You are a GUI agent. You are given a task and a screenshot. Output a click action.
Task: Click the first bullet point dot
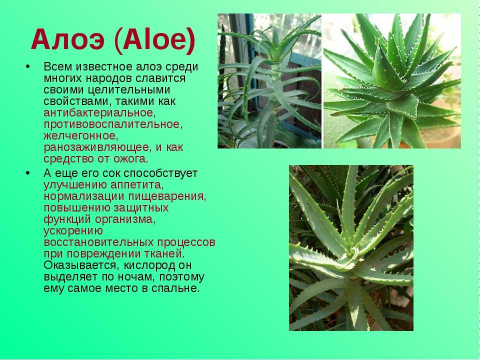[28, 66]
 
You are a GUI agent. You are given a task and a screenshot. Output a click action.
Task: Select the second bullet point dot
[28, 173]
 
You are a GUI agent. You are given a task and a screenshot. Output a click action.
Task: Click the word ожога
[130, 159]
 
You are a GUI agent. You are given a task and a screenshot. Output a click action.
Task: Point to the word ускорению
[73, 230]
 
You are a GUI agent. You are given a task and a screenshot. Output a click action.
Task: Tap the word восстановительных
[98, 242]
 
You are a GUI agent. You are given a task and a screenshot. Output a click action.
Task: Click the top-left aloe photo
[269, 81]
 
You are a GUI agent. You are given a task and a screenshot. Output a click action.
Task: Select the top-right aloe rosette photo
[392, 81]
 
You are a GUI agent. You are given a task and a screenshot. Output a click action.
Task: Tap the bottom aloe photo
[351, 248]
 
